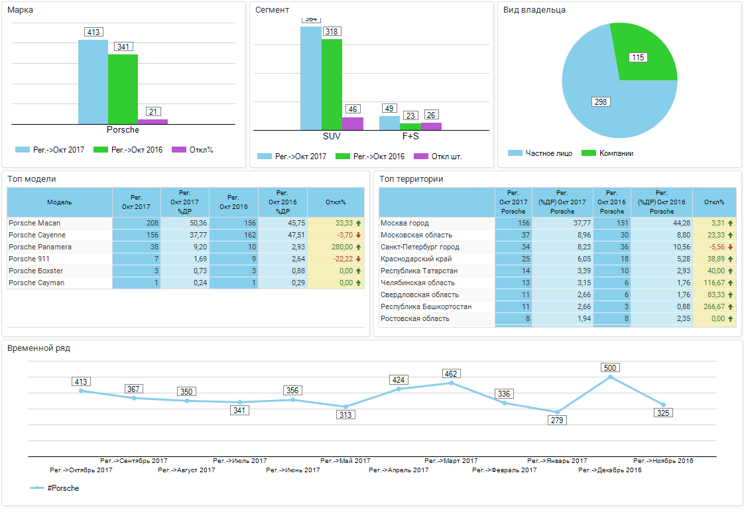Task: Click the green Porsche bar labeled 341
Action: click(123, 89)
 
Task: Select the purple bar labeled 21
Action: click(153, 121)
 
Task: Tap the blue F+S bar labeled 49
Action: click(389, 123)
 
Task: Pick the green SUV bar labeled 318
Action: click(332, 84)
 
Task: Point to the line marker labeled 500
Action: click(610, 377)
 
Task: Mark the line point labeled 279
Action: click(558, 412)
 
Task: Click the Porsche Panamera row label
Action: click(40, 247)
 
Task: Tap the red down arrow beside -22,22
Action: click(359, 259)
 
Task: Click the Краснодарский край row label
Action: click(416, 259)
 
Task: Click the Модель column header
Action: click(60, 202)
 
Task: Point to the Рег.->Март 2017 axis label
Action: click(451, 460)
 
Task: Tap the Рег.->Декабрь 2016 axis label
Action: click(609, 470)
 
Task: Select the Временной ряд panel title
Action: click(38, 348)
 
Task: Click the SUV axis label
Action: click(332, 136)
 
